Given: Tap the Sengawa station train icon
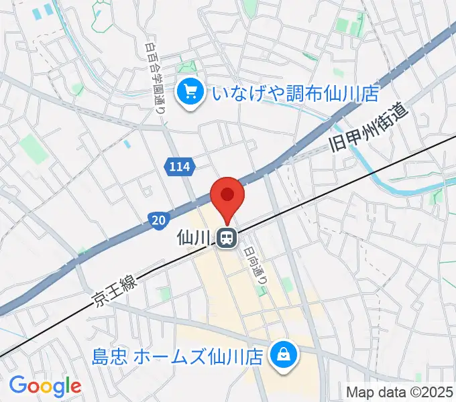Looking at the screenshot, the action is [x=227, y=237].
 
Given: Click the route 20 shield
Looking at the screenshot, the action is [x=156, y=219].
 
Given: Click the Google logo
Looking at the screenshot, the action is [x=45, y=386].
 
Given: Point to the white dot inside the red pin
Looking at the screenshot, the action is [x=227, y=194].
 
